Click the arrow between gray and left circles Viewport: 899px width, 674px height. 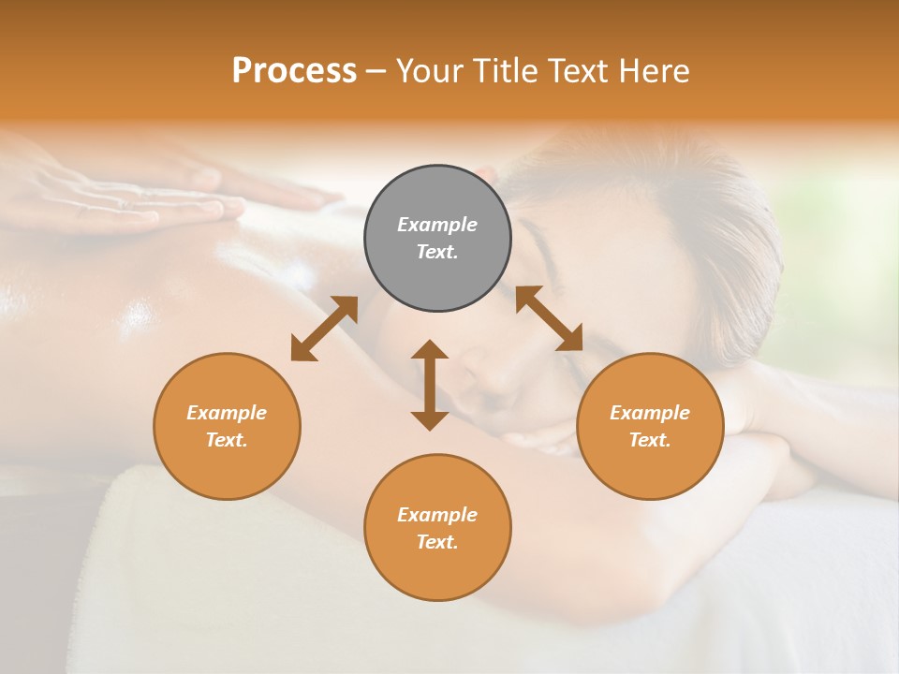tap(324, 329)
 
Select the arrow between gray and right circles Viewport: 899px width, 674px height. tap(549, 318)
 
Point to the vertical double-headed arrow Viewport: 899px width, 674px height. tap(430, 386)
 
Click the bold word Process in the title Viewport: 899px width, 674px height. tap(294, 70)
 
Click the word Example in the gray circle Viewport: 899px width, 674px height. tap(437, 225)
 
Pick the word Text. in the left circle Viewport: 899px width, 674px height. tap(227, 440)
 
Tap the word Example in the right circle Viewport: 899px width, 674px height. tap(650, 413)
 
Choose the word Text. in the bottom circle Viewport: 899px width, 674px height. tap(437, 542)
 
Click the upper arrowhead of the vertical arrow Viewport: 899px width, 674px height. tap(430, 350)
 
